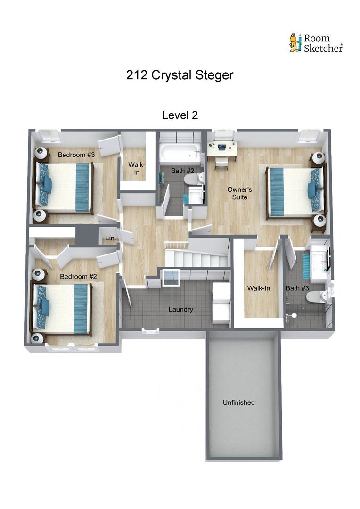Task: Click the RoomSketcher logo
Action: [315, 42]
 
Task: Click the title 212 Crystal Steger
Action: [180, 75]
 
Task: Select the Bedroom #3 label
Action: [76, 155]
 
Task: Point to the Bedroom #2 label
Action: [78, 276]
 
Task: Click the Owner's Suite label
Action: [240, 193]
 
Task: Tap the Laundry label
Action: [181, 310]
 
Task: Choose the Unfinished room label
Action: [238, 402]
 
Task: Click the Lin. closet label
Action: [111, 238]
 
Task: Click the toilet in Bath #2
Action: [194, 180]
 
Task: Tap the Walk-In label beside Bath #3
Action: [259, 288]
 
